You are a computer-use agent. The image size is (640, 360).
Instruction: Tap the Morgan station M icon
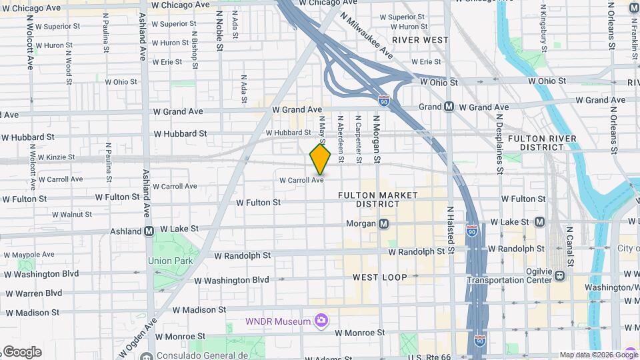click(x=383, y=224)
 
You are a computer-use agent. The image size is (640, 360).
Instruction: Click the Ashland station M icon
click(x=149, y=231)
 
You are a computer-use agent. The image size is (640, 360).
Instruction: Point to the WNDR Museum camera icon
click(x=321, y=321)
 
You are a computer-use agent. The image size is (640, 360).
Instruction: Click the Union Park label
click(x=170, y=261)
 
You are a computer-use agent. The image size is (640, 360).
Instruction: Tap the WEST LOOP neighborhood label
click(x=375, y=277)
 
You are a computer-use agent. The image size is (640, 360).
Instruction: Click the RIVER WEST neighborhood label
click(x=420, y=40)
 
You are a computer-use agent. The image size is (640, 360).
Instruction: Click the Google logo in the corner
click(x=21, y=351)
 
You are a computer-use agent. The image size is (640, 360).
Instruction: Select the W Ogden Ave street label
click(x=139, y=337)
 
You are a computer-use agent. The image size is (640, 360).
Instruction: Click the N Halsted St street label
click(x=451, y=231)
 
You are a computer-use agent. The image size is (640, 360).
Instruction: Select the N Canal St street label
click(x=569, y=244)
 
